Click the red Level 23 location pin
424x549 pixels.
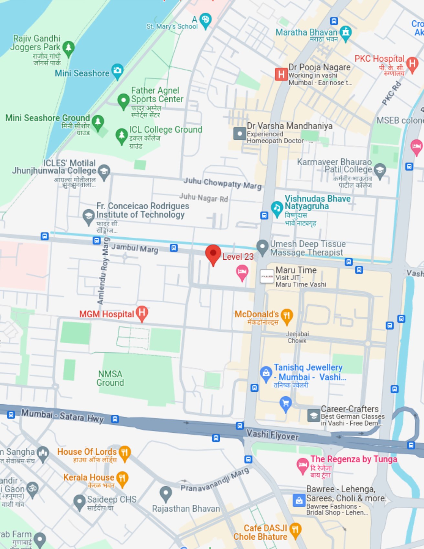tap(213, 254)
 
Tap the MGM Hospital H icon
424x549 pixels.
tap(142, 313)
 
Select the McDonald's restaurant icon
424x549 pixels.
tap(287, 316)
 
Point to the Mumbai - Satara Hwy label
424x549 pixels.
tap(62, 416)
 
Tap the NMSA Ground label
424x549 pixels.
tap(110, 378)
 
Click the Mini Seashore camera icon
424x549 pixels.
tap(117, 70)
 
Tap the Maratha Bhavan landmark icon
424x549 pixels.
tap(346, 33)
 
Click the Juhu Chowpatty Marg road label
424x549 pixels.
tap(222, 183)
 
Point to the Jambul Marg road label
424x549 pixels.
tap(135, 248)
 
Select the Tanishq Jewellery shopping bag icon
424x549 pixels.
tap(266, 373)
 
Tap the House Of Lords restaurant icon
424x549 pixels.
tap(124, 452)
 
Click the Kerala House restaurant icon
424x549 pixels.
tap(122, 478)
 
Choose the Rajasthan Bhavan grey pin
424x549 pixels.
tap(165, 493)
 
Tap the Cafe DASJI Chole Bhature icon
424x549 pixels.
tap(295, 530)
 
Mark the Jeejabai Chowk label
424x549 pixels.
tap(297, 337)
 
